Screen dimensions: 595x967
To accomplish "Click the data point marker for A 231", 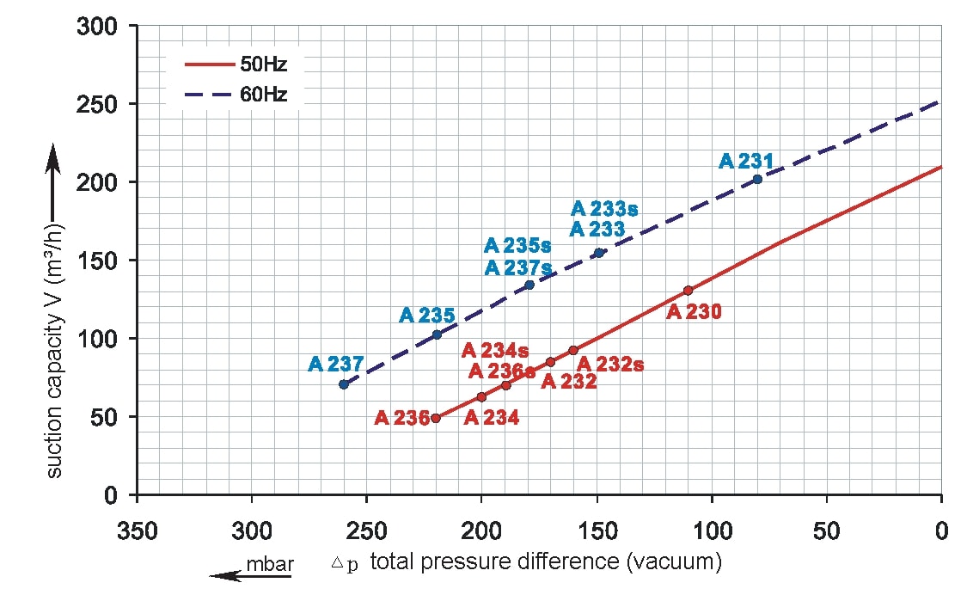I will (757, 180).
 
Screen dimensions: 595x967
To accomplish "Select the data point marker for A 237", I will (344, 384).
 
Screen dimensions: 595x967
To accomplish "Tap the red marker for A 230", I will (688, 291).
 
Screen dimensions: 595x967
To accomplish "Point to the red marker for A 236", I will (436, 418).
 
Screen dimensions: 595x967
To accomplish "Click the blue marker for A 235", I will (437, 334).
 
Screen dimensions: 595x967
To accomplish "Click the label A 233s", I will (604, 209).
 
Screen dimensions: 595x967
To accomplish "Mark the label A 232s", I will (610, 365).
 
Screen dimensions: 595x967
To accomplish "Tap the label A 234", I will (491, 418).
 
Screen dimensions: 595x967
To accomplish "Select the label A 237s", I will (518, 267).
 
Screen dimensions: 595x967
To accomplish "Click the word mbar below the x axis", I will (270, 565).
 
